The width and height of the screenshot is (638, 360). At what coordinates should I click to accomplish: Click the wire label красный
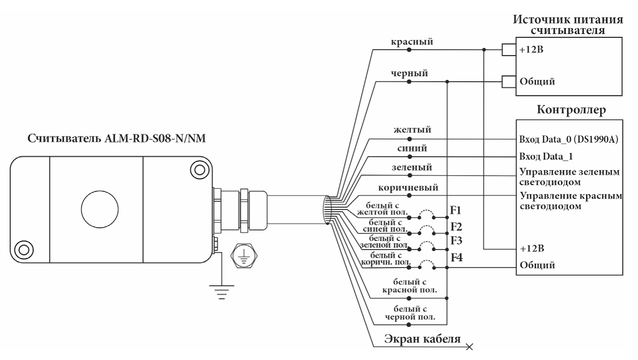tap(412, 41)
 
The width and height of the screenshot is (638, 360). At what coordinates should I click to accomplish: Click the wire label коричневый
tap(409, 187)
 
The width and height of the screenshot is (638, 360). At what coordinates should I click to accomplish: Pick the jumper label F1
tap(456, 210)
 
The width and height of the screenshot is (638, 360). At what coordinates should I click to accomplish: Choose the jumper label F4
tap(457, 258)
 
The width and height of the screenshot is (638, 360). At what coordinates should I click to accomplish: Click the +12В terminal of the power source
tap(529, 50)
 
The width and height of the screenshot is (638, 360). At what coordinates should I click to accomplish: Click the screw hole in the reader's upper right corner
tap(199, 170)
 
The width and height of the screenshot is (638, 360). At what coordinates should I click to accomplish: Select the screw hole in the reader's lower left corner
tap(23, 249)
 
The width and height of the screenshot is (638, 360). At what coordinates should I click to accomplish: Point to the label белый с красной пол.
tap(410, 287)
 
